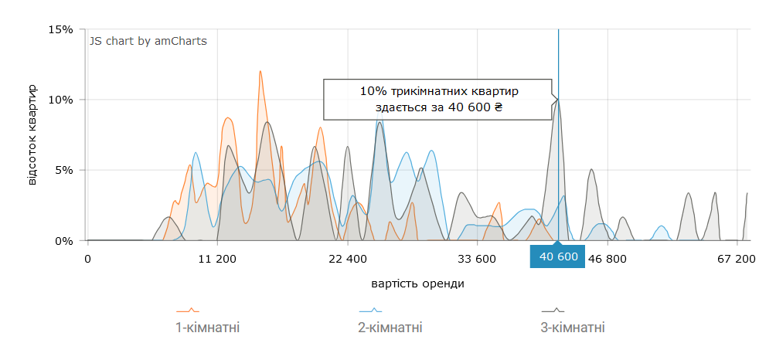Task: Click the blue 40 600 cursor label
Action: coord(558,257)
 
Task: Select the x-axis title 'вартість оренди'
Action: coord(418,283)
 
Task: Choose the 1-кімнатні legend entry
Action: coord(208,328)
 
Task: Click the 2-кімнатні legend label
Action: coord(390,328)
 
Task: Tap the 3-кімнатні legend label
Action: coord(573,328)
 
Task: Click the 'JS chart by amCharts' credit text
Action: coord(148,41)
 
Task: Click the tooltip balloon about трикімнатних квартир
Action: coord(437,99)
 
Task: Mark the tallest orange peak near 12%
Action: coord(260,72)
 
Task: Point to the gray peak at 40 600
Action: coord(558,100)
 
